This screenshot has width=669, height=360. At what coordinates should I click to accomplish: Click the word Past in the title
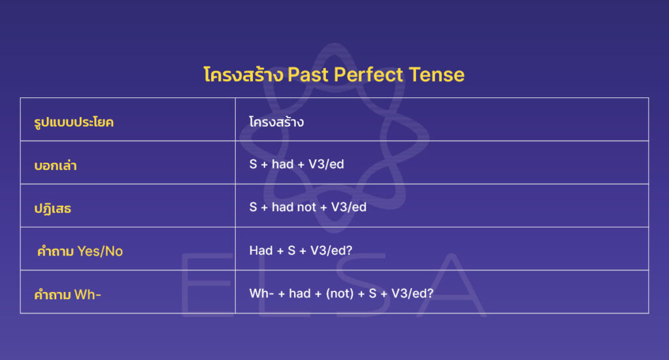coord(308,74)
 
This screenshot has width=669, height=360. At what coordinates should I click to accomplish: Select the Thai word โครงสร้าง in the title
coord(243,74)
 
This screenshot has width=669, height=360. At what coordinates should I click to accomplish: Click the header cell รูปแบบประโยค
coord(74,122)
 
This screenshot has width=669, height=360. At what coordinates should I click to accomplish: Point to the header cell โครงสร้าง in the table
coord(276,122)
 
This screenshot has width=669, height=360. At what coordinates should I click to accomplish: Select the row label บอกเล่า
coord(56,165)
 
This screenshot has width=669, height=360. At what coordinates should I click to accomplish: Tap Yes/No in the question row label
coord(100,251)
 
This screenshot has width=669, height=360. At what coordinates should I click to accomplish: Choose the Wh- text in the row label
coord(88,294)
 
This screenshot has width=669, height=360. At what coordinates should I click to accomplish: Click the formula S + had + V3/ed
coord(297,164)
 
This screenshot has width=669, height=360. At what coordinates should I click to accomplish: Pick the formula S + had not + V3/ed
coord(308,207)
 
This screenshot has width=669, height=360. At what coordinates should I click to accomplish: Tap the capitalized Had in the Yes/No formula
coord(261,250)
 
